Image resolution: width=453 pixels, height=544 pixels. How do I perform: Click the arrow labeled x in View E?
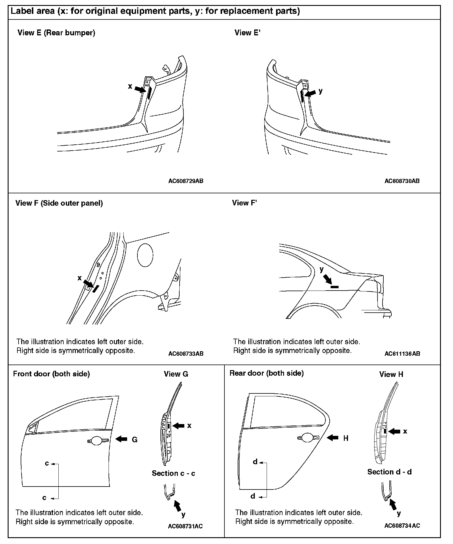pos(140,89)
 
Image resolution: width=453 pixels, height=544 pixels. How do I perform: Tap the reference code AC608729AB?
pos(186,181)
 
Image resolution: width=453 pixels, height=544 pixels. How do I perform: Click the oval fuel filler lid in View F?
pos(145,255)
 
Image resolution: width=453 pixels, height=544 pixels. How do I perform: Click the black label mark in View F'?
pos(334,286)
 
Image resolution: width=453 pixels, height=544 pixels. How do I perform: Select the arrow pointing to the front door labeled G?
pos(121,439)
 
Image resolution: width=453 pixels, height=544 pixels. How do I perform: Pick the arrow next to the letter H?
pos(333,438)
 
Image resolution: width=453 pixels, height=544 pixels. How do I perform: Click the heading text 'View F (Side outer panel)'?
pos(59,203)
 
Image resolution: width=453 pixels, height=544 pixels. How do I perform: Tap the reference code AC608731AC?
pos(185,526)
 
